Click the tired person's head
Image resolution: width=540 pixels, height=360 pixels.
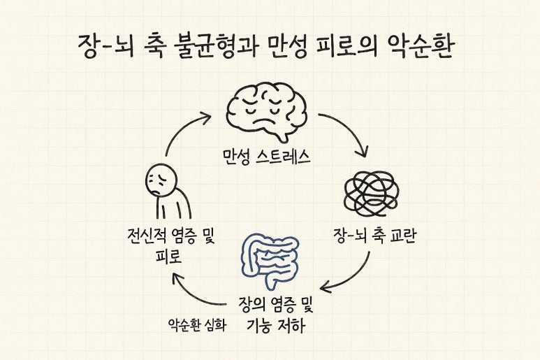point(160,180)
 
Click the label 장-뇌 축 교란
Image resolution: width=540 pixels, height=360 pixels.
point(371,237)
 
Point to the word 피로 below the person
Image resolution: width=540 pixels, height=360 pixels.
point(168,257)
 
